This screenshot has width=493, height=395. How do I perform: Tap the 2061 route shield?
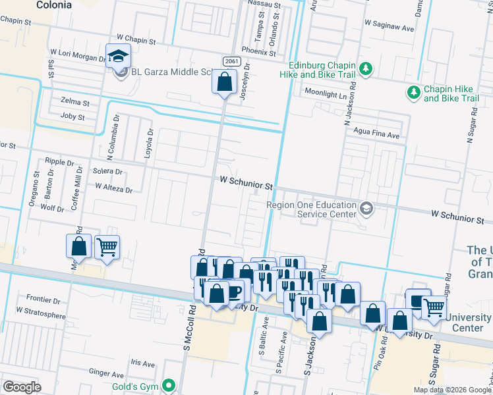[231, 61]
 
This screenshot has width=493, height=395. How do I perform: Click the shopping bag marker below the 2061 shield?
[224, 83]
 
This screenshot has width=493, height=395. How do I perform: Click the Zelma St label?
[74, 103]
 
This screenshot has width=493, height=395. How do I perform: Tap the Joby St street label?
[72, 117]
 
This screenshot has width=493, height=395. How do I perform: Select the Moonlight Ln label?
[324, 95]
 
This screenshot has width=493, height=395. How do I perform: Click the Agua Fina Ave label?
[377, 136]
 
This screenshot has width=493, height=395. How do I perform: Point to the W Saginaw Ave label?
[389, 29]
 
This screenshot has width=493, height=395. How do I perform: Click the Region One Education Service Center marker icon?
[366, 209]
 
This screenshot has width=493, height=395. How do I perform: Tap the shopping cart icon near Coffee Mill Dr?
[107, 248]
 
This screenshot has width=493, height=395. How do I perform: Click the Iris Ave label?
[142, 363]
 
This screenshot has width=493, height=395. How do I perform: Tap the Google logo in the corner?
[22, 387]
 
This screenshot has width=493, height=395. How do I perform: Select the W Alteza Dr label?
[113, 188]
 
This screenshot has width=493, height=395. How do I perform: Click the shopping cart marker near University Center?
[433, 307]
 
